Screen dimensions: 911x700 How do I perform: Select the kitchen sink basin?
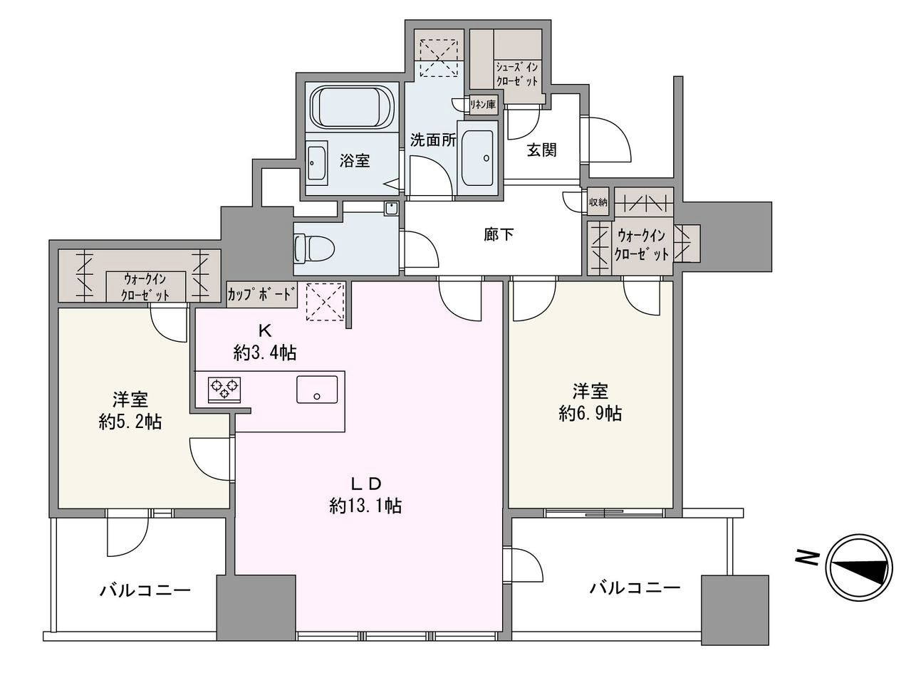click(x=317, y=390)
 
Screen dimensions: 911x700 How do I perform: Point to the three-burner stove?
click(x=224, y=390)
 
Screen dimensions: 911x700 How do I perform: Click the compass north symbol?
click(x=859, y=568)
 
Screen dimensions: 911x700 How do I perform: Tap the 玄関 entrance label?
click(x=541, y=150)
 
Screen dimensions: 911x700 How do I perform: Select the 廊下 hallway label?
click(x=499, y=235)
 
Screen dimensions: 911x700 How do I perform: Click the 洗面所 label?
click(x=432, y=140)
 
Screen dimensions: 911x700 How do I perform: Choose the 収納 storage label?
click(x=598, y=202)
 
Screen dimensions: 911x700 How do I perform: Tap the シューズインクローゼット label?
click(x=517, y=74)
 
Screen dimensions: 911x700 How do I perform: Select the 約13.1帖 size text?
click(x=365, y=506)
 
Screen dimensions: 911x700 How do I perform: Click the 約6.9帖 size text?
click(x=590, y=413)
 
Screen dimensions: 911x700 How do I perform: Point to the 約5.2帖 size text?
click(x=130, y=422)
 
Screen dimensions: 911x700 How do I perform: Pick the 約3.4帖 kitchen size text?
click(x=265, y=353)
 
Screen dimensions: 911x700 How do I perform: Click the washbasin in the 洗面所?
click(x=477, y=158)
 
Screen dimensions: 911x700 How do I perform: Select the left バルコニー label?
click(x=145, y=591)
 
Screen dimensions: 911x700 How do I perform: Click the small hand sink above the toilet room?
click(x=391, y=209)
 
